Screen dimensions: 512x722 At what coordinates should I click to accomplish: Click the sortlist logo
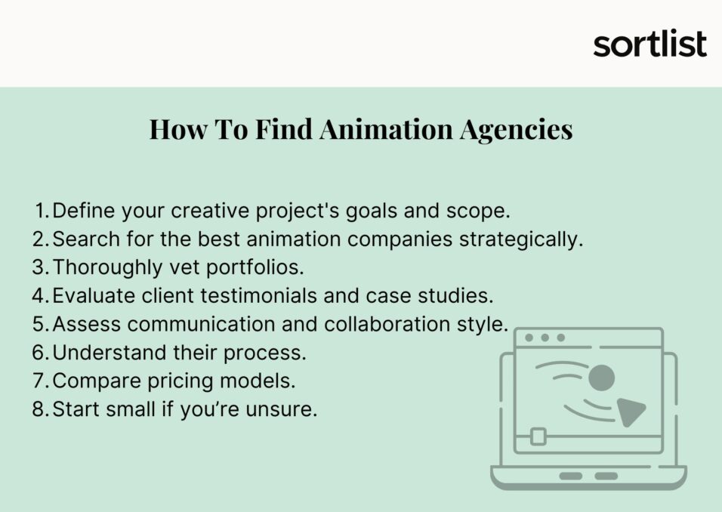649,44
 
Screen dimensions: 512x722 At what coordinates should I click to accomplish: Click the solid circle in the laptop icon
601,377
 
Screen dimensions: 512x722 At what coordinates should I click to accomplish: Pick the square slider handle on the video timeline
538,436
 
